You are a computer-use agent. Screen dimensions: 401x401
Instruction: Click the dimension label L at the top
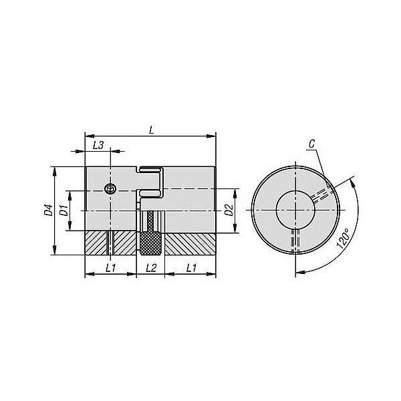pyautogui.click(x=152, y=130)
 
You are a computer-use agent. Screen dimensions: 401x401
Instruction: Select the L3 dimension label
pyautogui.click(x=98, y=145)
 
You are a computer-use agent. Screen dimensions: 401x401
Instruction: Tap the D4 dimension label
pyautogui.click(x=48, y=210)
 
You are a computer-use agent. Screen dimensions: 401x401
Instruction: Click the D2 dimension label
pyautogui.click(x=229, y=210)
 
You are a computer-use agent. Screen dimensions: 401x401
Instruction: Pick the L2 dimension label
pyautogui.click(x=151, y=268)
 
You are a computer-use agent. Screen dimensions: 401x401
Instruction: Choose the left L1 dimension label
pyautogui.click(x=111, y=268)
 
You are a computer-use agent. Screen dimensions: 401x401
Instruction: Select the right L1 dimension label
pyautogui.click(x=191, y=268)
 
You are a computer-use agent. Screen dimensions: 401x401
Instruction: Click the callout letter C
pyautogui.click(x=311, y=144)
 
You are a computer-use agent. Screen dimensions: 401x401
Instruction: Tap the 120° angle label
pyautogui.click(x=343, y=239)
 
